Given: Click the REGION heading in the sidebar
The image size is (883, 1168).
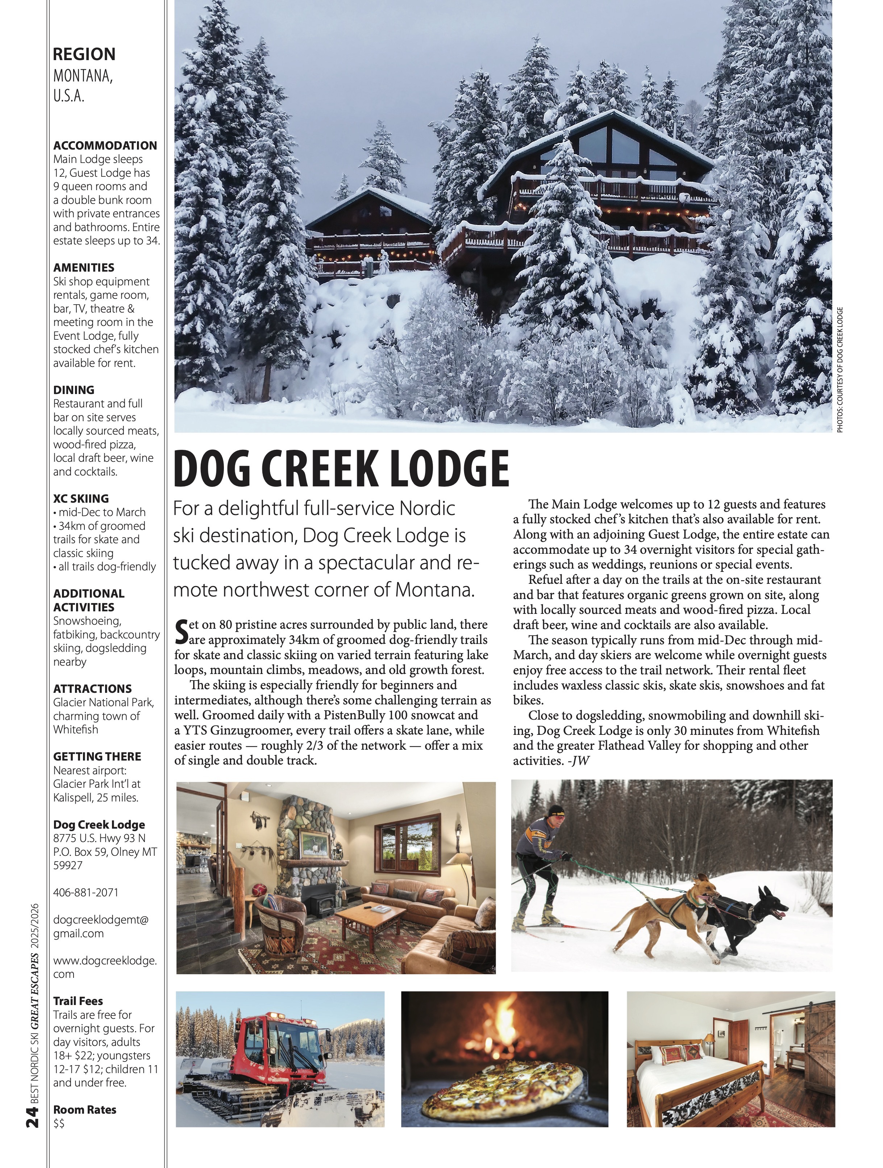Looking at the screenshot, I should (x=84, y=54).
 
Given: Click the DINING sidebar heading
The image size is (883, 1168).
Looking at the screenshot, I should (x=74, y=390).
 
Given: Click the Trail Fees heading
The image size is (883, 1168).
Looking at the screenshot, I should (x=78, y=1001).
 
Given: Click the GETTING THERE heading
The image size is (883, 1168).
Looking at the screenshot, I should (x=97, y=756).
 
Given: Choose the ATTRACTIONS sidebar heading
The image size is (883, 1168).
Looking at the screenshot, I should (x=92, y=688).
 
